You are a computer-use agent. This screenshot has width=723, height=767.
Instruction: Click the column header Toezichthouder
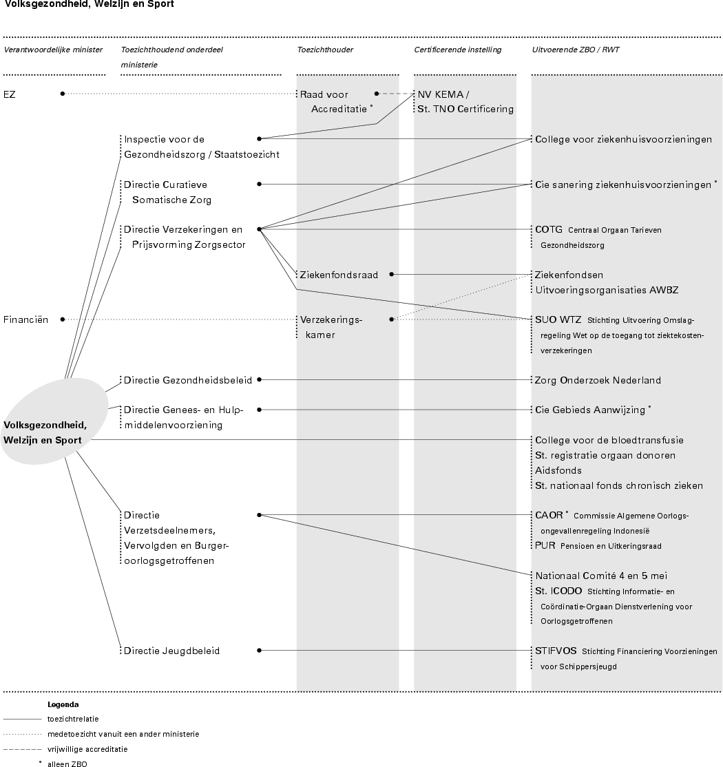click(325, 50)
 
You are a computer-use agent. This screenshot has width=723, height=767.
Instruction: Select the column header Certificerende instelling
click(457, 50)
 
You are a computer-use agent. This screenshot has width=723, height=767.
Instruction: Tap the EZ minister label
click(10, 94)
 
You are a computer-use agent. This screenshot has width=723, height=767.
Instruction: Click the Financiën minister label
click(25, 319)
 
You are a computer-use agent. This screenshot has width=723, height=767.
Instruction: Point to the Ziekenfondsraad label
click(339, 275)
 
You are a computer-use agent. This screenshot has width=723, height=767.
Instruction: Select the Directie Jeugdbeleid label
click(172, 651)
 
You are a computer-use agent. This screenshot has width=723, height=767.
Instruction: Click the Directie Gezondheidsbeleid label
click(188, 380)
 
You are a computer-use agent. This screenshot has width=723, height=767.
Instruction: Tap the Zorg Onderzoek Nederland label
click(598, 380)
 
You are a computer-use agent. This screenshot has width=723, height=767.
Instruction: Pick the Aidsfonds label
click(558, 470)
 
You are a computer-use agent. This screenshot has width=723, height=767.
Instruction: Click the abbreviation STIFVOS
click(556, 651)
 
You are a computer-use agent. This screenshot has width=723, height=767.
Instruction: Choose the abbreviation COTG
click(549, 229)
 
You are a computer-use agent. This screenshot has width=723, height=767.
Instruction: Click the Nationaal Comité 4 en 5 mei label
click(600, 576)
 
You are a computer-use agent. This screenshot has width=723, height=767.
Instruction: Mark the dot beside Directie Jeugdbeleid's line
click(260, 650)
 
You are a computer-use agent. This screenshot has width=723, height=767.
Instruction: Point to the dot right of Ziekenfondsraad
click(392, 274)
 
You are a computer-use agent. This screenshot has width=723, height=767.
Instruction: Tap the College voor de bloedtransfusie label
click(609, 440)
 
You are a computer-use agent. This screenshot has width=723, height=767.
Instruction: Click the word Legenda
click(63, 704)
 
